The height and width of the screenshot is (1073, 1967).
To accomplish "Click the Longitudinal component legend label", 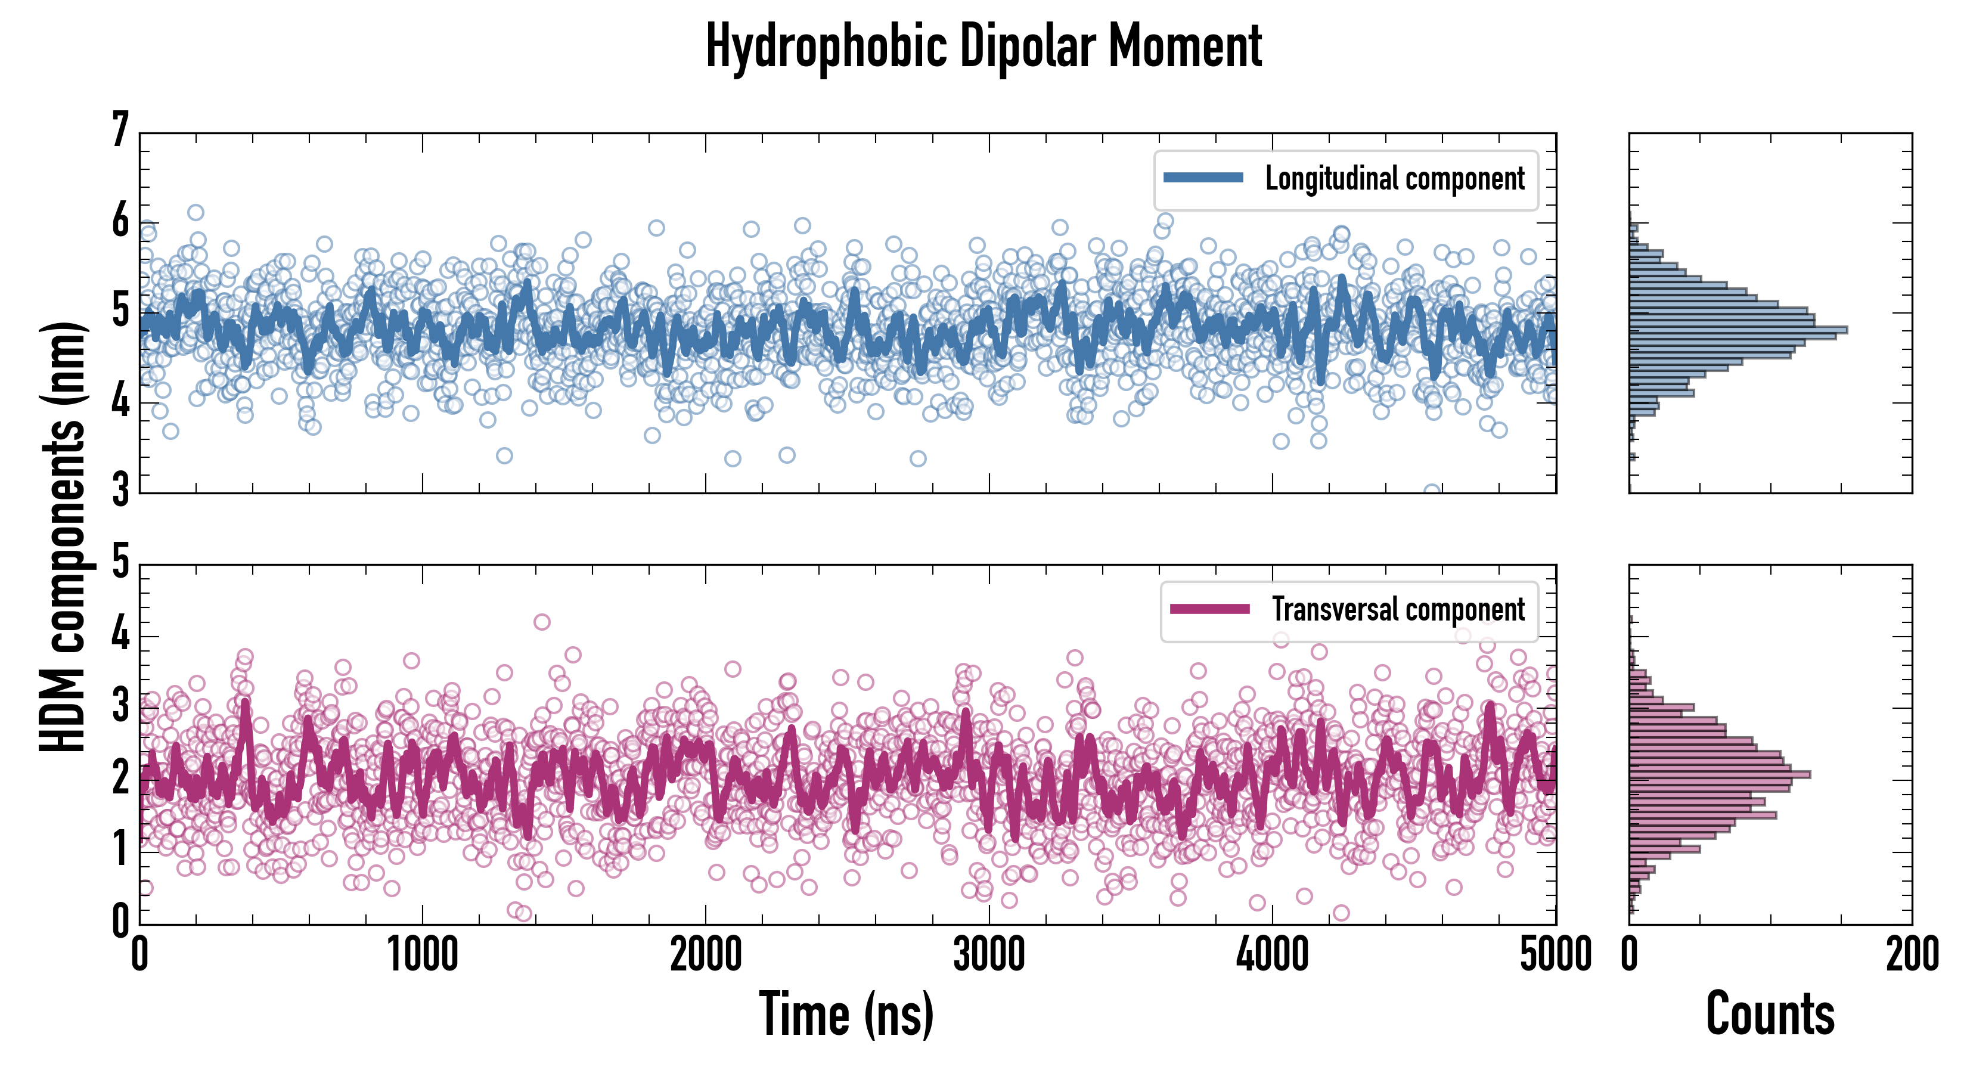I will (1394, 179).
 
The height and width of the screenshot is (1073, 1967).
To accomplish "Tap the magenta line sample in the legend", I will (1209, 609).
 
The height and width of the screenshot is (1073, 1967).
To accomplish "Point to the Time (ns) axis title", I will (846, 1014).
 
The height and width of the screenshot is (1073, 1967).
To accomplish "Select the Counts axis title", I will (1770, 1014).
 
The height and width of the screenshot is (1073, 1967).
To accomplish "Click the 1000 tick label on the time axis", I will (422, 954).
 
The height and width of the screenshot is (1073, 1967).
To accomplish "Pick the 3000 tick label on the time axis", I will (989, 954).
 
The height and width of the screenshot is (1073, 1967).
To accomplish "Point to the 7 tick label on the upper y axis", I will (120, 130).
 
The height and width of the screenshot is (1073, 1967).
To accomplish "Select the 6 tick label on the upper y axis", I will (120, 222).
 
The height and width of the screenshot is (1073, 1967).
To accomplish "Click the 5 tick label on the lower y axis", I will (120, 562).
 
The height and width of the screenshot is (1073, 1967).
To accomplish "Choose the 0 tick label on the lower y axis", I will (120, 921).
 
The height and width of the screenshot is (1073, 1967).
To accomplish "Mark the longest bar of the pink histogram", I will (1720, 774).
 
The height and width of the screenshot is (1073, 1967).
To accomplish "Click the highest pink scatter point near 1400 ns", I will (541, 622).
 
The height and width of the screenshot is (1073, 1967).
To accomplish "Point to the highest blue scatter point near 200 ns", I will (196, 212).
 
